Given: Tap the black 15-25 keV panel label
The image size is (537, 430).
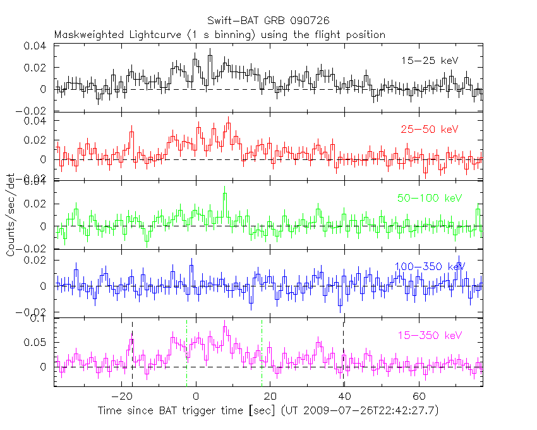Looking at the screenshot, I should coord(430,61).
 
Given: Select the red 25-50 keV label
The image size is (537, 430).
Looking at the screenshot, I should coord(429,130).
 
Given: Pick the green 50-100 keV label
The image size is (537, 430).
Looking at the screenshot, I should coord(430,199).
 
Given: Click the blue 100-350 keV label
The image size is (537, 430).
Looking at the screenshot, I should coord(430,266).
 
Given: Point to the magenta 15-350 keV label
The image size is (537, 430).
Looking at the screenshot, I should coord(430,335).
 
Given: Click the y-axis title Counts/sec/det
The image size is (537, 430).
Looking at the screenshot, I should coord(11,215).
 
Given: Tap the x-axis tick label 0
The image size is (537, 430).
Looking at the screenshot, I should coord(196,396).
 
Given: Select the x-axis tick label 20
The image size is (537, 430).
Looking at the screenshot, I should coord(270,396).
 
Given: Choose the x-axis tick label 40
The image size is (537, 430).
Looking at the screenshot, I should coord(344,396).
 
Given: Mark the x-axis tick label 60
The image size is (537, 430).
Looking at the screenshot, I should coord(418,396).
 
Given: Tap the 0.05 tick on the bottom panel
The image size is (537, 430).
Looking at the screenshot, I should coord(38,343).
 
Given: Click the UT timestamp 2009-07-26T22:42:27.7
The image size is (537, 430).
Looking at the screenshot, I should coord(371,411).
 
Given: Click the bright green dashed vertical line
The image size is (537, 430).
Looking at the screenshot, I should coord(262,354).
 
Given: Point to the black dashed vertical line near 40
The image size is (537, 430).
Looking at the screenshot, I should coord(343,354).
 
